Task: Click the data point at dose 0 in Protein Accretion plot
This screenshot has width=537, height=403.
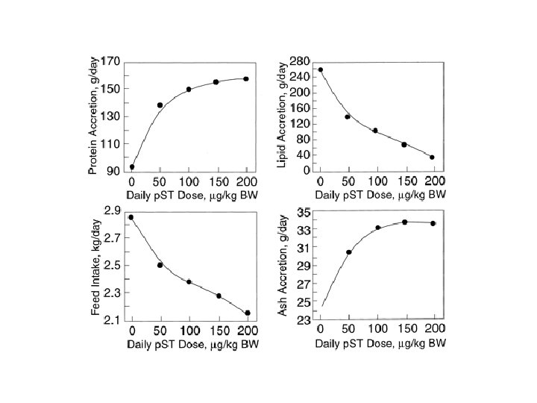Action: (132, 167)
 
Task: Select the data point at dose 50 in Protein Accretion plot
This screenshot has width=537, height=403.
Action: (160, 105)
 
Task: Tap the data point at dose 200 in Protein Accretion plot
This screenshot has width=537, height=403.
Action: (246, 78)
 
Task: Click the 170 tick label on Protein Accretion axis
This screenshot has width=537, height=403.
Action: (111, 61)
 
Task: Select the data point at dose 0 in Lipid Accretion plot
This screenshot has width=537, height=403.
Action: (321, 70)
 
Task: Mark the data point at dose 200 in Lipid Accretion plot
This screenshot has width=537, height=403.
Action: (432, 157)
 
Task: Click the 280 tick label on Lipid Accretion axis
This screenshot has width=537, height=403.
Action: (300, 60)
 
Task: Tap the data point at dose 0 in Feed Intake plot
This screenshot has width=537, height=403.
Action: (131, 217)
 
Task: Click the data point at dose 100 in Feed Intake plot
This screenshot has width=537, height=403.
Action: (189, 282)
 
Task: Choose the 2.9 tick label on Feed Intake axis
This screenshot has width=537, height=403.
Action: (113, 211)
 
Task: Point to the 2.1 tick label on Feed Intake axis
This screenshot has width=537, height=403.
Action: (113, 321)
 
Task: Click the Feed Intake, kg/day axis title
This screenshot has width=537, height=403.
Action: (95, 267)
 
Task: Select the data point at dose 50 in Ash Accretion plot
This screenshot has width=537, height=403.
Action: (348, 252)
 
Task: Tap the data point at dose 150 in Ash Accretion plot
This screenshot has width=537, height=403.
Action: (404, 222)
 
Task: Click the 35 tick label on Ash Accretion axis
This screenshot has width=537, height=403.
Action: (304, 213)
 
